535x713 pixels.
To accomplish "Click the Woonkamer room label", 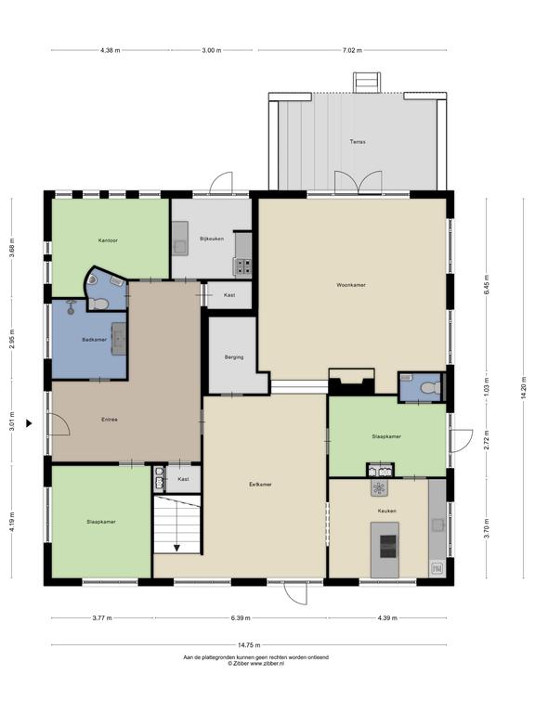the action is (351, 285).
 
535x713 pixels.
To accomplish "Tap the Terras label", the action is (358, 142).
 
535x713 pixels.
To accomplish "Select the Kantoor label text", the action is (108, 240).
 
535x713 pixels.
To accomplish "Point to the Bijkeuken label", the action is (212, 239).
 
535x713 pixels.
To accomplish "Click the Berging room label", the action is (234, 357).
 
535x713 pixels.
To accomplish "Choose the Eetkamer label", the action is (260, 485).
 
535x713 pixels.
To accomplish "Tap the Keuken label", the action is (386, 512).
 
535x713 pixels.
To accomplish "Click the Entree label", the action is (110, 420).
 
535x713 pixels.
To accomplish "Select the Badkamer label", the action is (94, 340).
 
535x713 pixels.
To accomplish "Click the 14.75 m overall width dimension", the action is (249, 645).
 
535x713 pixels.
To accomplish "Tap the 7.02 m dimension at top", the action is (352, 50).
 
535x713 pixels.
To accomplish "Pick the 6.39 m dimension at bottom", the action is (241, 618).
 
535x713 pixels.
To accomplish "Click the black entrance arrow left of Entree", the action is (29, 423).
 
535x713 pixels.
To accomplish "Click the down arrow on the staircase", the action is (176, 548).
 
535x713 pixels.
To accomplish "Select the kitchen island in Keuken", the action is (385, 550).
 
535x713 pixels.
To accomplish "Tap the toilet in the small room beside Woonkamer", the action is (429, 388).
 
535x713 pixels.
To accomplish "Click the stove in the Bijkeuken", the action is (242, 266).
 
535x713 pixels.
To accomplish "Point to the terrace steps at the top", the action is (367, 83).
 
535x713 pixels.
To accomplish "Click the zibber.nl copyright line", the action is (255, 664).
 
